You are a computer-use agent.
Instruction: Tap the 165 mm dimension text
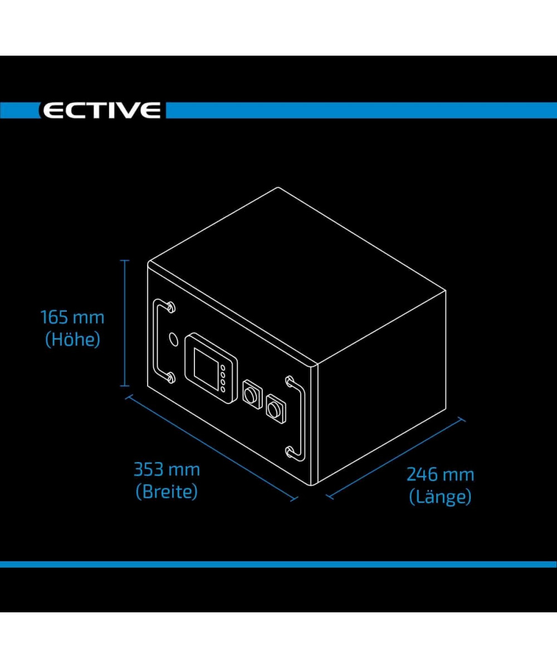(x=72, y=318)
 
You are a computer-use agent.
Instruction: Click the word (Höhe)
(x=72, y=339)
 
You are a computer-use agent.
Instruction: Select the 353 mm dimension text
(x=167, y=470)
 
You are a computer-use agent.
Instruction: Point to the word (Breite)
(x=167, y=492)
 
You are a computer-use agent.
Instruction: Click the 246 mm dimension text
(x=440, y=475)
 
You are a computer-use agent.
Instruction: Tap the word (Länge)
(x=440, y=497)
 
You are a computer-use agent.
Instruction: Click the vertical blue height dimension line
(x=125, y=323)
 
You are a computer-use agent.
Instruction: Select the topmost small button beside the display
(x=223, y=367)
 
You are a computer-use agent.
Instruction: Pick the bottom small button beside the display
(x=223, y=389)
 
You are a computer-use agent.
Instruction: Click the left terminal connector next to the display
(x=251, y=394)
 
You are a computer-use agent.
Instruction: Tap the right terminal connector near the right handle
(x=275, y=409)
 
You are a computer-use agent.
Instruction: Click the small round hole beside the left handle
(x=173, y=338)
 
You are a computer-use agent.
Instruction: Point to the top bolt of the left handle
(x=170, y=307)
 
